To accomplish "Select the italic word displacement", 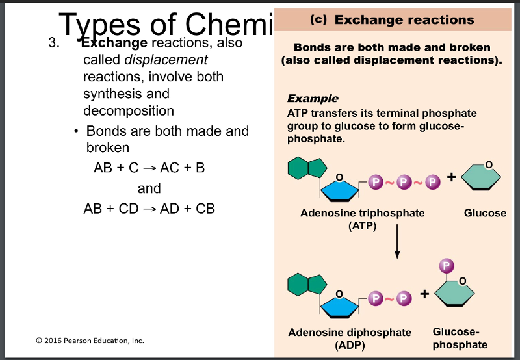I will click(166, 60).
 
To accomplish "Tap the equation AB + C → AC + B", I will click(149, 168).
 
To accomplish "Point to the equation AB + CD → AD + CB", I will click(149, 209).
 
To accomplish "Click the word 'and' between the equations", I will click(149, 188).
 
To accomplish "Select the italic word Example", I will click(313, 99).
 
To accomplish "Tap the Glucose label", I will click(485, 213).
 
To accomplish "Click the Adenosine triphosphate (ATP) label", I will click(362, 219).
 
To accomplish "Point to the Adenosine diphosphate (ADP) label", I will click(350, 339).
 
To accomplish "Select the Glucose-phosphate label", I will click(460, 338).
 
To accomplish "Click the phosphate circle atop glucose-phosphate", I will click(446, 266).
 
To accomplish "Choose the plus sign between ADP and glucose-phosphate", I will click(424, 294).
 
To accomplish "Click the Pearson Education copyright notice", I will click(90, 340).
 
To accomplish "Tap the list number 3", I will click(54, 44).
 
